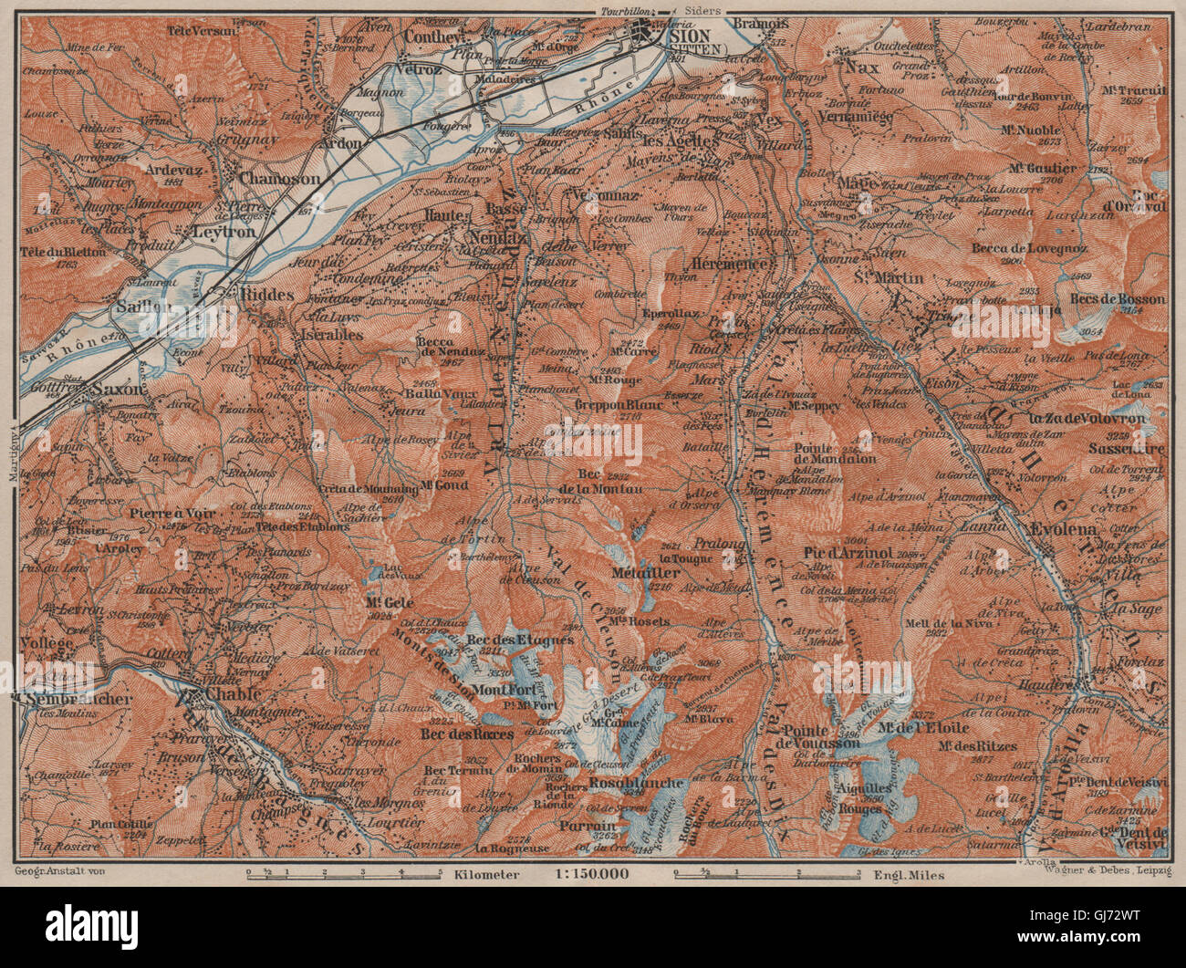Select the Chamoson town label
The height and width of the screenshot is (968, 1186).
(279, 180)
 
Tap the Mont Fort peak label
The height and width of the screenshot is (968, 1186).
(501, 689)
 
